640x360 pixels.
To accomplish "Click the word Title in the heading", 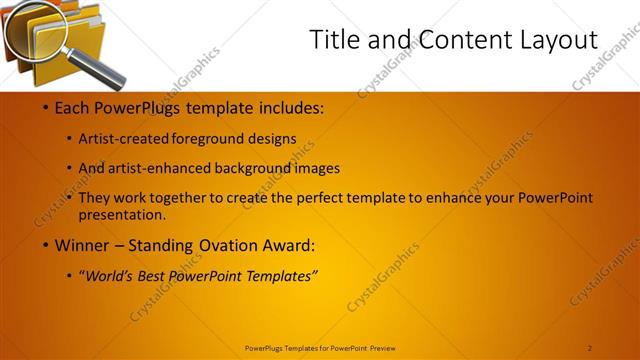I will (x=333, y=40).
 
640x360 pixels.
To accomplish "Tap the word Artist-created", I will (x=124, y=139).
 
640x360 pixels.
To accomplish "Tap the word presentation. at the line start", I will (x=121, y=214).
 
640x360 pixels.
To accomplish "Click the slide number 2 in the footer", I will (x=589, y=348).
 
